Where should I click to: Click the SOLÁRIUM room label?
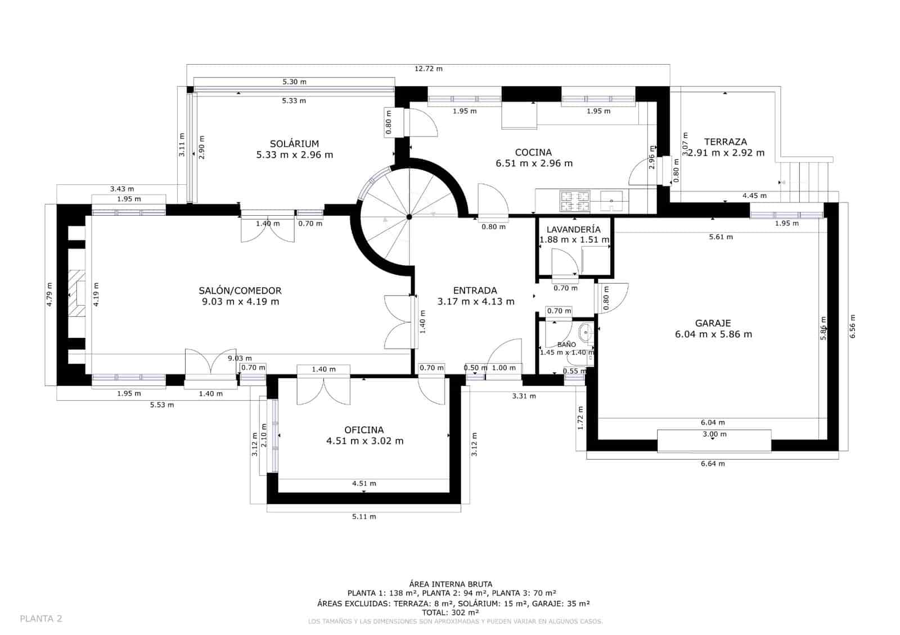tap(294, 144)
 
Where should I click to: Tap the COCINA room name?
tap(533, 152)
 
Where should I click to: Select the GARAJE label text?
tap(713, 323)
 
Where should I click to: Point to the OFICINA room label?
tap(364, 430)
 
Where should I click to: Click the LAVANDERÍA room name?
tap(573, 229)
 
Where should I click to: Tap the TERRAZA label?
tap(725, 142)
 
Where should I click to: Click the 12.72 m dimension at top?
tap(428, 69)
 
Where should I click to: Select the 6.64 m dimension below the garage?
tap(712, 464)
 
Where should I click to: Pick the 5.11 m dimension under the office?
tap(364, 516)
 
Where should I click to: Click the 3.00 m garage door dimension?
tap(714, 434)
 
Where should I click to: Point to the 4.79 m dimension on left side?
tap(49, 294)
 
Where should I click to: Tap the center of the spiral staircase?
tap(409, 216)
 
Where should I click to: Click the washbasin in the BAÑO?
tap(586, 333)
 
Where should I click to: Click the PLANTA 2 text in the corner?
tap(41, 619)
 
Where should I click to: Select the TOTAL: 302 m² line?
tap(449, 613)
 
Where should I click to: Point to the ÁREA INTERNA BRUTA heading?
tap(450, 584)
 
